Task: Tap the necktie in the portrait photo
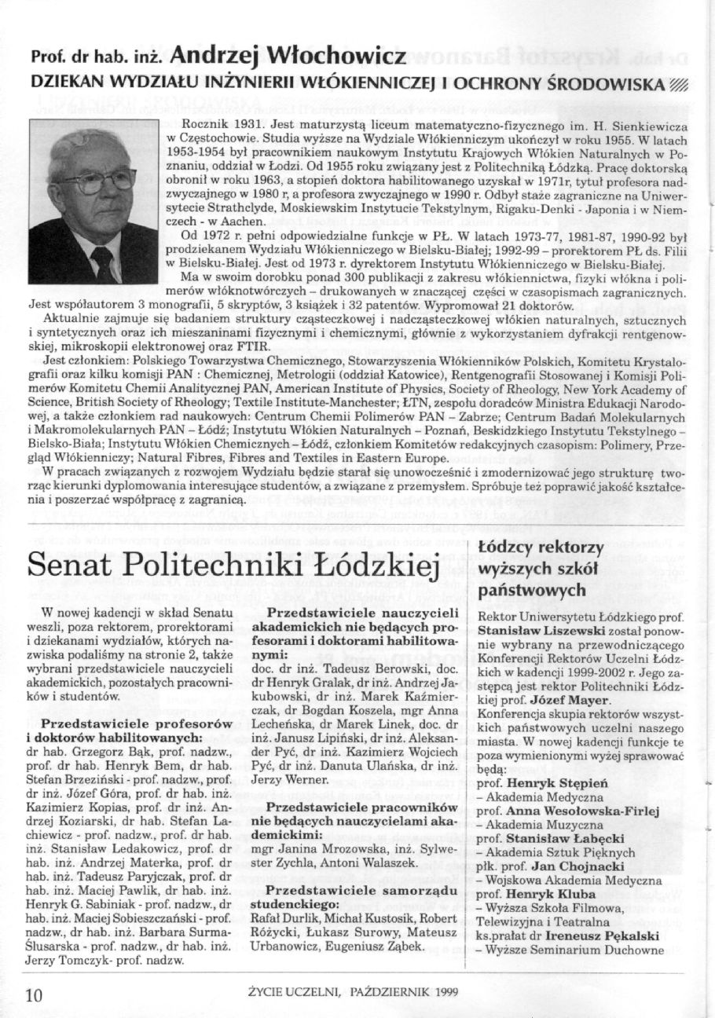(102, 263)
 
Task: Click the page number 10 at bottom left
(34, 995)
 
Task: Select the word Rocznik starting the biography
(203, 126)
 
